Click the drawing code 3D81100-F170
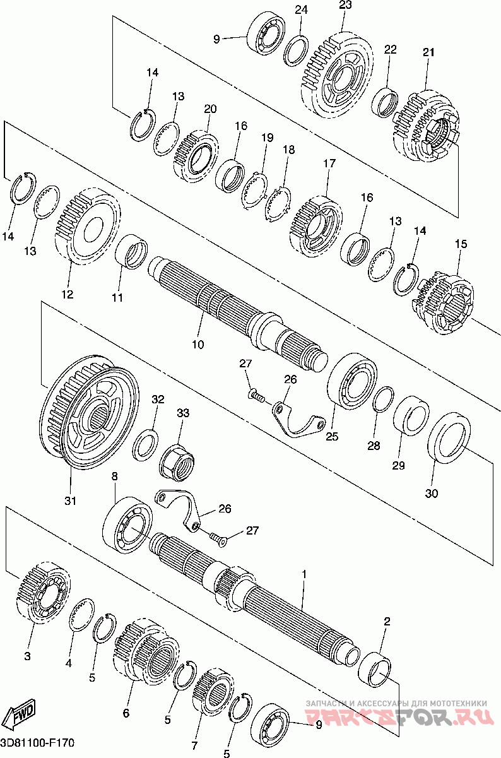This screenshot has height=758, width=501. pos(37,743)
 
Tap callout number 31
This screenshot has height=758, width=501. pos(70,501)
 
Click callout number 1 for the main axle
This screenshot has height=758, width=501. pos(304,574)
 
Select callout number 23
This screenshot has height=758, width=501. pos(345,5)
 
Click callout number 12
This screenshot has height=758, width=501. pos(67,294)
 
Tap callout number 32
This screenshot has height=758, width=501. pos(158,399)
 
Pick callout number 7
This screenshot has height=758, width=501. pos(194,737)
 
